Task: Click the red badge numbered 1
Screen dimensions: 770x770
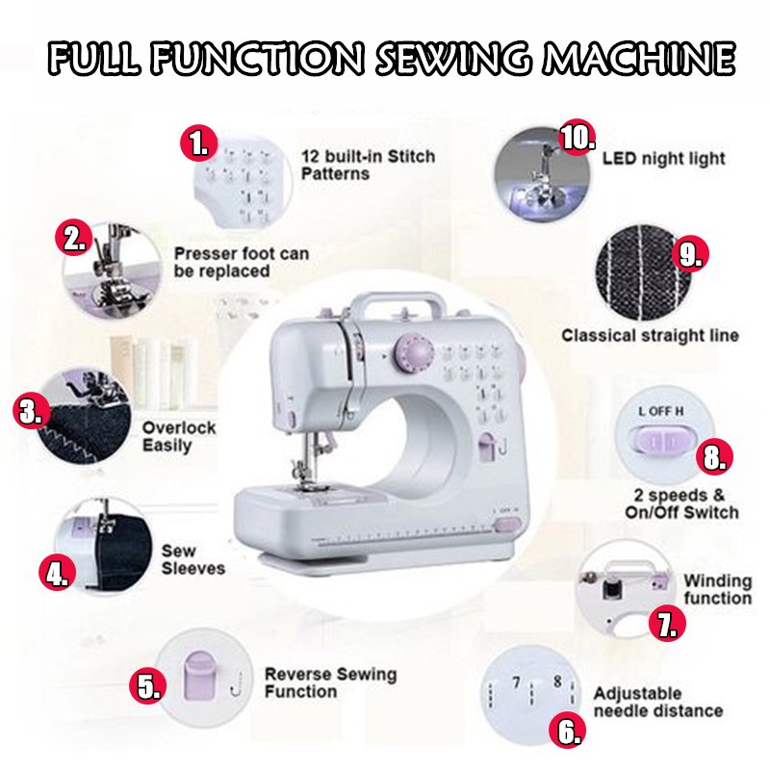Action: pos(199,143)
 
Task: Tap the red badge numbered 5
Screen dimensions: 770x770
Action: pos(148,686)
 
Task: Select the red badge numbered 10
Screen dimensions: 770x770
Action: pos(578,137)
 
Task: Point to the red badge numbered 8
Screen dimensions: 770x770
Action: pos(714,458)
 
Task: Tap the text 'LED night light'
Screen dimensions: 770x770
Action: pos(664,159)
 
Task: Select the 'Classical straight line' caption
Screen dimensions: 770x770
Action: pos(651,335)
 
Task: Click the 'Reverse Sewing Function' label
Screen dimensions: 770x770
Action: pos(330,682)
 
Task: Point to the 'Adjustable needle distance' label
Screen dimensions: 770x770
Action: pos(658,702)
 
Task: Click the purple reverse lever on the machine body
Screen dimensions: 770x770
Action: pos(487,447)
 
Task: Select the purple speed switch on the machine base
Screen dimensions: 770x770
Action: pos(507,525)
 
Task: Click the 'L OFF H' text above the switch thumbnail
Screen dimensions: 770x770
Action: pos(661,411)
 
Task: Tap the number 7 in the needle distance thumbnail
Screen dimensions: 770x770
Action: pos(516,682)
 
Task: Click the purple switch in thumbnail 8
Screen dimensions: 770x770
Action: pos(663,440)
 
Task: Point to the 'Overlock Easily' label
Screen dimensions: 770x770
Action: pos(179,436)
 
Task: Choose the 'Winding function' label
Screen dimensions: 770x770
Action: pos(717,589)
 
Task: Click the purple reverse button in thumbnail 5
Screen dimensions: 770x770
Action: pos(201,676)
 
